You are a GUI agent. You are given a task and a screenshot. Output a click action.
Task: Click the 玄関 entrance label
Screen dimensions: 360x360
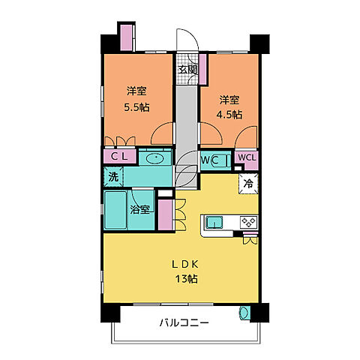(x=187, y=70)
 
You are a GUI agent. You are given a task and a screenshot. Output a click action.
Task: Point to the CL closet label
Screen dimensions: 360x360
(x=119, y=157)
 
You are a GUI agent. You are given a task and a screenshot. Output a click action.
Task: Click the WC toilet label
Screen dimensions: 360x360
(x=209, y=160)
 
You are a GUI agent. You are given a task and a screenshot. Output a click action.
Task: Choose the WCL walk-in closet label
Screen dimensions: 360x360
(x=246, y=157)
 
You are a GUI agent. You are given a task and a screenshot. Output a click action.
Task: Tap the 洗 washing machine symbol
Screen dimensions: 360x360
(x=112, y=178)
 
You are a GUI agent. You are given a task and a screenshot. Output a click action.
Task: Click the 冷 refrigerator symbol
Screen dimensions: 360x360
(x=246, y=182)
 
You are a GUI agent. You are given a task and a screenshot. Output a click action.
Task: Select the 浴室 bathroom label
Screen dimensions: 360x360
(x=141, y=209)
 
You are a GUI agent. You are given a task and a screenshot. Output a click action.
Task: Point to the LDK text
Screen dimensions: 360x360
(x=187, y=264)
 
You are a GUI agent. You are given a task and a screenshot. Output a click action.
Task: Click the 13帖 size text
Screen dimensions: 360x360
(x=187, y=279)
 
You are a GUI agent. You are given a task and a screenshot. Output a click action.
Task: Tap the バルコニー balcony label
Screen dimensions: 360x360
(x=183, y=324)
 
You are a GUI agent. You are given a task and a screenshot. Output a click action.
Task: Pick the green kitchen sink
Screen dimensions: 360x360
(x=214, y=222)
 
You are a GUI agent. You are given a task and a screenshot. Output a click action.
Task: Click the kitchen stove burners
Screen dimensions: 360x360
(x=247, y=222)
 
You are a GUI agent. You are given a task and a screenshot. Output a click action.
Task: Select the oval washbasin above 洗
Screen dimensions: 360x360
(x=156, y=158)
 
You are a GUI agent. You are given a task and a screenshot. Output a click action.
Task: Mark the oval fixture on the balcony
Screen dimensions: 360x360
(x=242, y=313)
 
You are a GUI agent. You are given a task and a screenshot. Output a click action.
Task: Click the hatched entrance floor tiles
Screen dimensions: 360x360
(x=187, y=57)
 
